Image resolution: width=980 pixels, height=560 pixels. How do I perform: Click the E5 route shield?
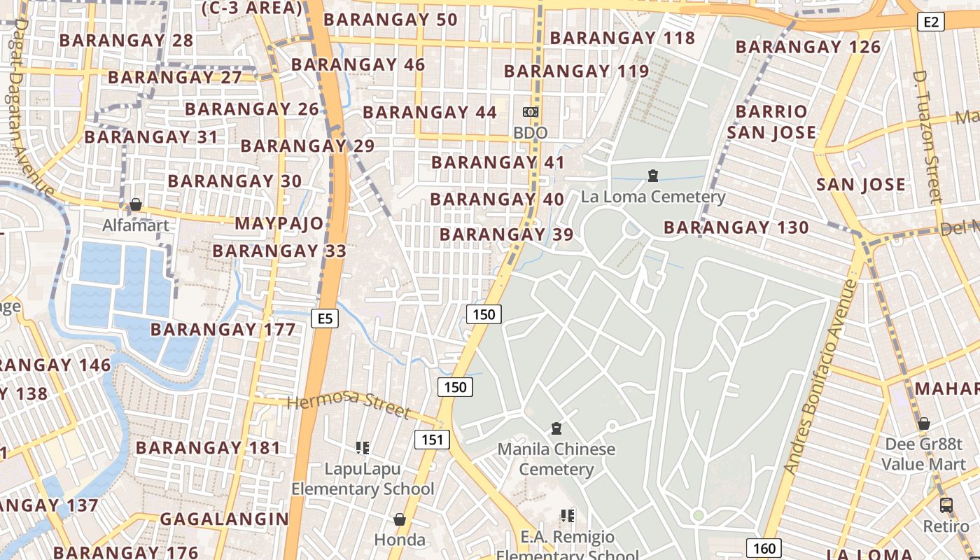[x=325, y=319]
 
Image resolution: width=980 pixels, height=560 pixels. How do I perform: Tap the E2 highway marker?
[x=930, y=22]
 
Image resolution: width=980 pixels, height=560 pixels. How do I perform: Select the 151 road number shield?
[x=433, y=439]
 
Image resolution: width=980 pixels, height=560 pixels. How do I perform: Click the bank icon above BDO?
[x=531, y=112]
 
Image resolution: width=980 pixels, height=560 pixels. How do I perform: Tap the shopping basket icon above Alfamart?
[x=136, y=204]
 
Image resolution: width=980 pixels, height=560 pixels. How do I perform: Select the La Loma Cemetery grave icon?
[x=653, y=176]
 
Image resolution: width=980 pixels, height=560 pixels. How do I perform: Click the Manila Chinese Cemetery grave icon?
[x=556, y=428]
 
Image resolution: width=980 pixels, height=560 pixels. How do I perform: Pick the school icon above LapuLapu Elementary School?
[x=362, y=447]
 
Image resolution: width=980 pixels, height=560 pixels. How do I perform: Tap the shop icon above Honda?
[x=400, y=519]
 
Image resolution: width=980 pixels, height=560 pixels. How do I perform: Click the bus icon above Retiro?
[x=946, y=505]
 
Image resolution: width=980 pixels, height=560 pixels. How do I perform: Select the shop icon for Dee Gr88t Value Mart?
[x=924, y=423]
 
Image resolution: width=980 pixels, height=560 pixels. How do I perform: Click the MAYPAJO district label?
[x=279, y=224]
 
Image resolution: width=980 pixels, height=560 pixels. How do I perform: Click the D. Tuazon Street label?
[x=928, y=136]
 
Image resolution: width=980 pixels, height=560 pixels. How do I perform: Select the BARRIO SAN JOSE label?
[x=771, y=122]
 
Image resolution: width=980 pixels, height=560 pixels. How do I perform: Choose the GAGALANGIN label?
[x=224, y=519]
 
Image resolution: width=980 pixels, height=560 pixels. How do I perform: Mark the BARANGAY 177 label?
[x=223, y=329]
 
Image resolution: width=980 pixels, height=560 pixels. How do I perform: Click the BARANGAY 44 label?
[x=430, y=112]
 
